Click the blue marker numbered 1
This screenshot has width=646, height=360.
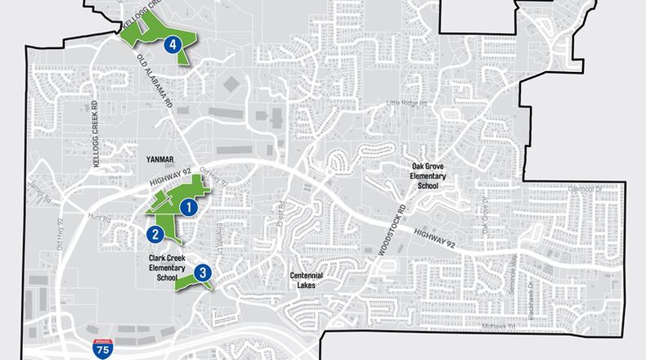coord(189,208)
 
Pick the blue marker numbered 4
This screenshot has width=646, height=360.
coord(173,45)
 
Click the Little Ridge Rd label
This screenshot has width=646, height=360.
coord(406,104)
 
